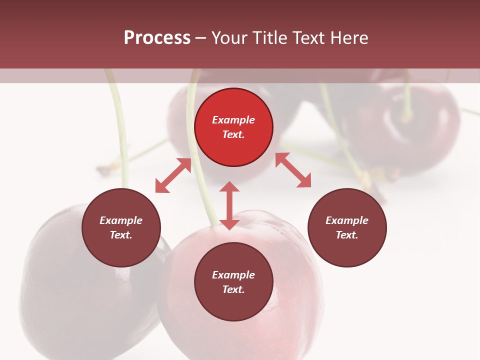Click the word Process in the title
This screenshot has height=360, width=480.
pos(157,38)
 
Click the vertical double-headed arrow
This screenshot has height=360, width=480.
pos(229,205)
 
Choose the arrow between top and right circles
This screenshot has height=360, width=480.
pos(293,170)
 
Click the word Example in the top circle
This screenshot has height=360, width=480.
pos(233,120)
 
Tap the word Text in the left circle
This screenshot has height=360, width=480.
pos(121,235)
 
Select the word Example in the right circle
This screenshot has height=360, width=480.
pos(347,220)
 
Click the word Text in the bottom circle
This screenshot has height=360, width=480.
pos(233,289)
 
